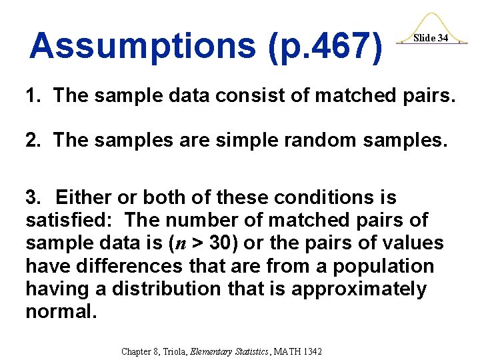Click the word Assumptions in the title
coord(141,46)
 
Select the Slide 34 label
coord(431,38)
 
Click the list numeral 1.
coord(31,96)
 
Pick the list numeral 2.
coord(31,140)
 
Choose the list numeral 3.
coord(31,198)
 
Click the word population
coord(383,266)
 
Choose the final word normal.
coord(61,312)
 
